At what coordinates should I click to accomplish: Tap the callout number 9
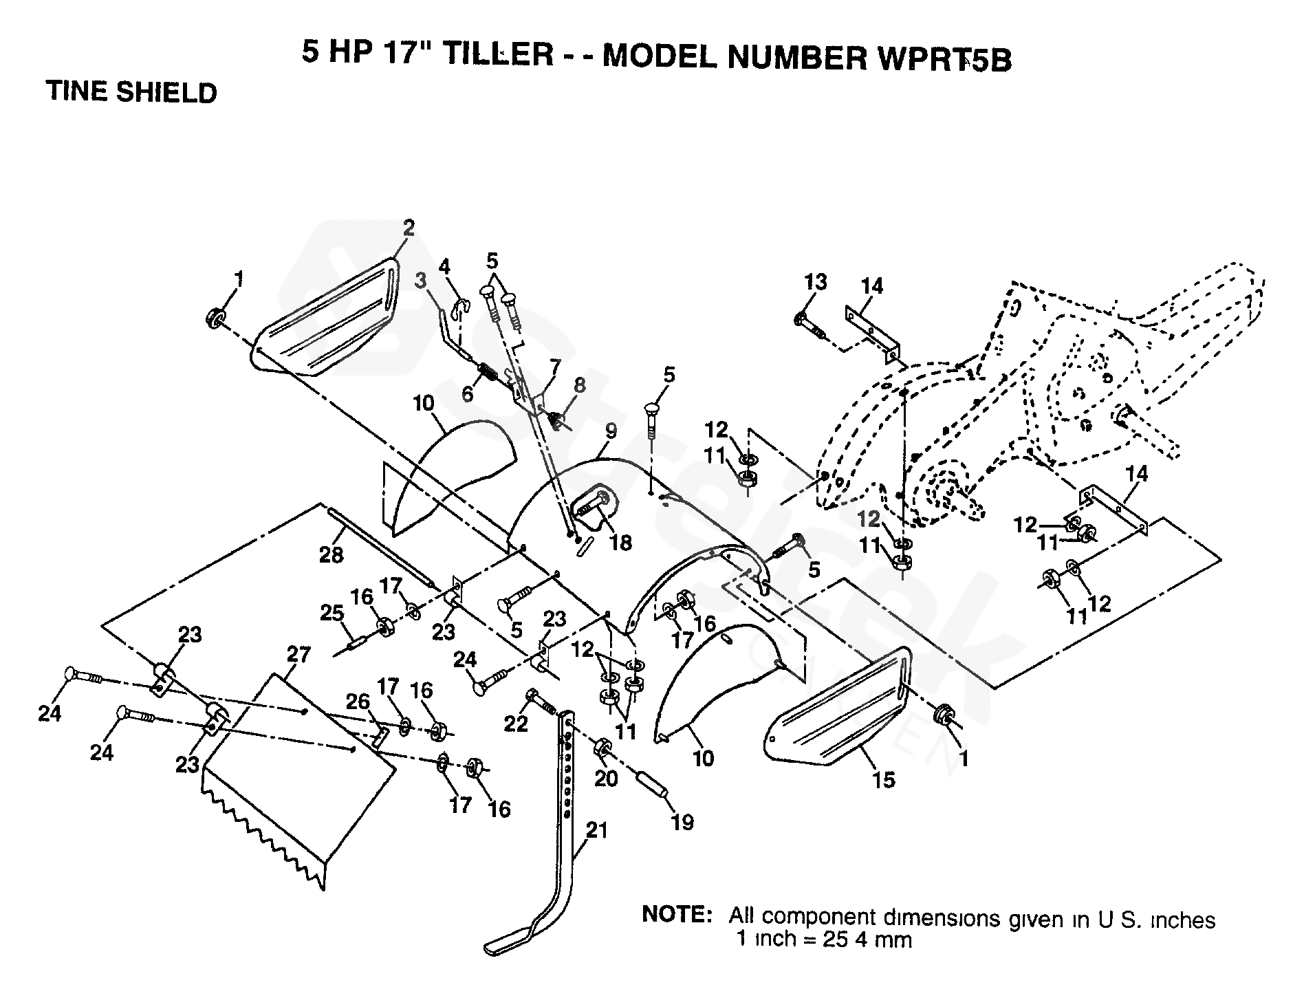[611, 431]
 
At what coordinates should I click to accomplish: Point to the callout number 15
[884, 779]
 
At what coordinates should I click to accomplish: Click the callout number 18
[620, 543]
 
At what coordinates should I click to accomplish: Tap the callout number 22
[516, 722]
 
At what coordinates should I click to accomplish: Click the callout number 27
[299, 654]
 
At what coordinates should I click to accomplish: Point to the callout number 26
[358, 702]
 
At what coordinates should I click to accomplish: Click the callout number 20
[606, 778]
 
